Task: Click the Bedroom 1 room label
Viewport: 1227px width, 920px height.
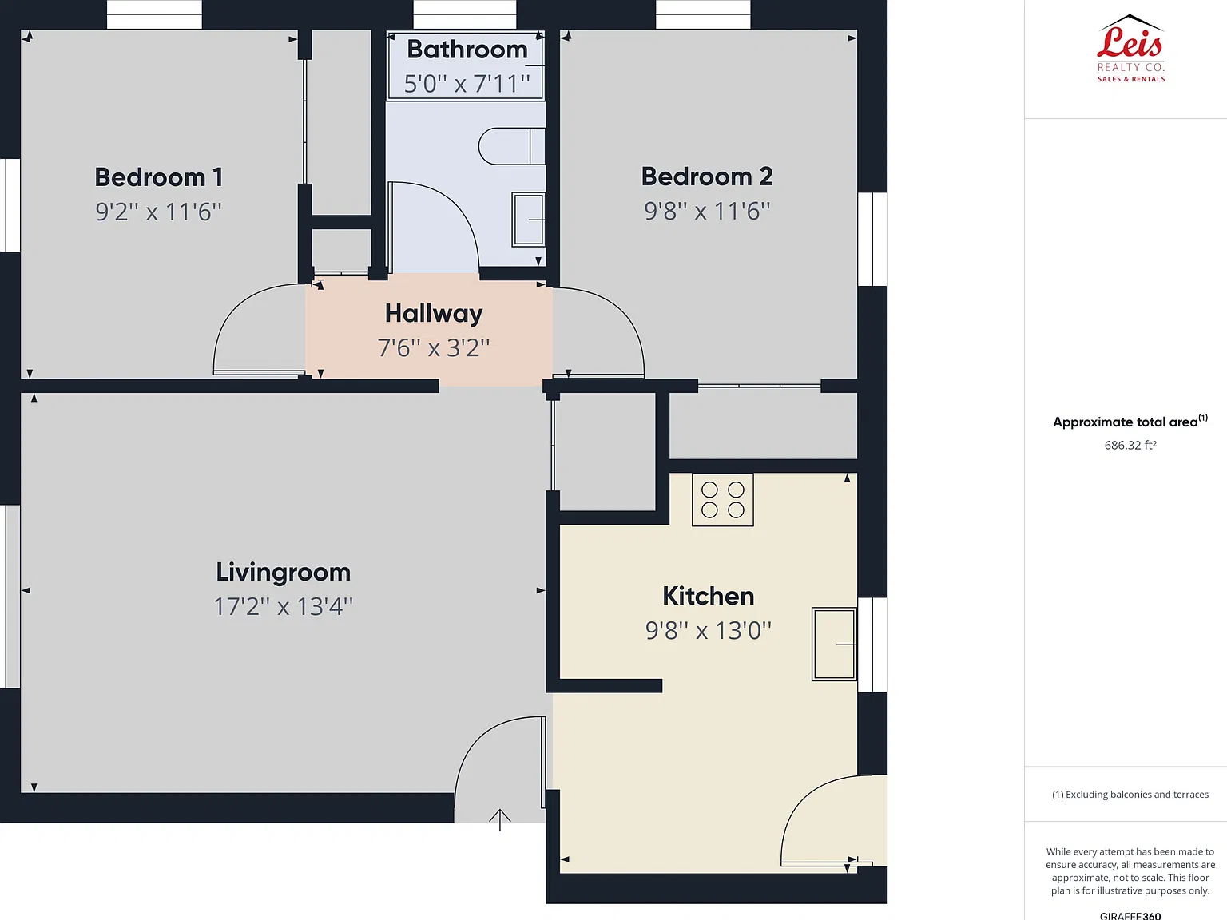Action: [159, 177]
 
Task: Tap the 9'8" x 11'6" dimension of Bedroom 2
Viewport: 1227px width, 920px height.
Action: [707, 211]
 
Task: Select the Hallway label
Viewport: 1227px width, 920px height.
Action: [434, 314]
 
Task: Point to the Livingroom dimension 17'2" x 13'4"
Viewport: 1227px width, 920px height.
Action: [284, 606]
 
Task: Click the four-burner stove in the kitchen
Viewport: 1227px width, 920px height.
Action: [723, 499]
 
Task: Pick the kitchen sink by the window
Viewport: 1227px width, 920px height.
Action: [834, 644]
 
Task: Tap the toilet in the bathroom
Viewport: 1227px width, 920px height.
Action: [511, 146]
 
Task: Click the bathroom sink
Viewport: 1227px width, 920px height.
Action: [528, 220]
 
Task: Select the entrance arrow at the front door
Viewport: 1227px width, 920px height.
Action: [500, 819]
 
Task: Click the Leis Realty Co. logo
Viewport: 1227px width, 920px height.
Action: [1130, 50]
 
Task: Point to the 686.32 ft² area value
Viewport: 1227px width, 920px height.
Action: [1130, 445]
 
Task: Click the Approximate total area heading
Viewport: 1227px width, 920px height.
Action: [1130, 422]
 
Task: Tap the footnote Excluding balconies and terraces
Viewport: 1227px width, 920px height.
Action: [1130, 795]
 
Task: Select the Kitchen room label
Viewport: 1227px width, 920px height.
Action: [709, 596]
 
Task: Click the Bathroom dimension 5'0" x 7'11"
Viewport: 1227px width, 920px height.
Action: [467, 84]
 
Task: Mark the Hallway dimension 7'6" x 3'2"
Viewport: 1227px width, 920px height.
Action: [434, 348]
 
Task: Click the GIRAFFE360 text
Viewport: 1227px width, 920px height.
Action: [1130, 915]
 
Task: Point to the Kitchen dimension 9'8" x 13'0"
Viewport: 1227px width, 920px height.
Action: [709, 631]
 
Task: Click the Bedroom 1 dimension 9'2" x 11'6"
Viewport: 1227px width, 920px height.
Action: [159, 212]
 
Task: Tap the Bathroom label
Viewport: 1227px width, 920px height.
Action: [467, 50]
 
